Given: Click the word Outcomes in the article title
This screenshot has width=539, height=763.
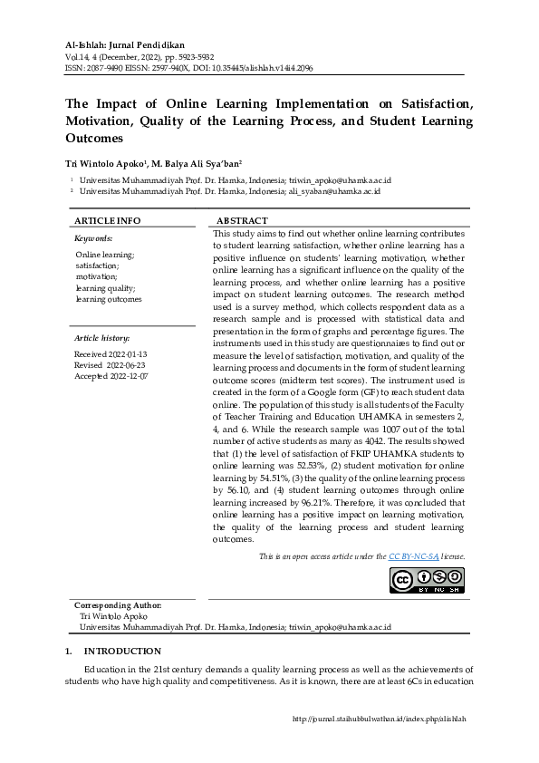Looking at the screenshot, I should click(x=93, y=139).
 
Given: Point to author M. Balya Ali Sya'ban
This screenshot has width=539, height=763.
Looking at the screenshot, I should click(x=195, y=165).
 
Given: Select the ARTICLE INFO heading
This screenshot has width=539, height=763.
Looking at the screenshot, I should click(x=107, y=220).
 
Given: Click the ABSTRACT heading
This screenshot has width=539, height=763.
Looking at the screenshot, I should click(x=242, y=220).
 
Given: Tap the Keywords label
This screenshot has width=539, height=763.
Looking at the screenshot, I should click(x=93, y=237).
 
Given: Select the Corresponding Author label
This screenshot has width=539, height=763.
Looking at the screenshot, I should click(x=118, y=605).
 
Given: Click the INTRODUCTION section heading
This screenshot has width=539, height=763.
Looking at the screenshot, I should click(x=122, y=651).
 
